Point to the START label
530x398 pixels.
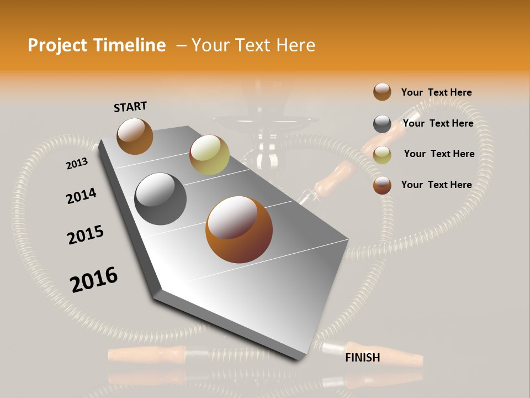click(130, 107)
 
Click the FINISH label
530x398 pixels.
click(363, 358)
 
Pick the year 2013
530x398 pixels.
click(77, 164)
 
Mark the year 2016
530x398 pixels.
click(94, 280)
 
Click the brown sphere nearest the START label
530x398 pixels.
click(135, 136)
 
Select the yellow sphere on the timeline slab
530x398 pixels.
click(209, 155)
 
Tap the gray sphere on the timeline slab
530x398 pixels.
click(161, 199)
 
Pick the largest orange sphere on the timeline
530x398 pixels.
click(239, 229)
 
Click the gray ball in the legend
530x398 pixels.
click(382, 124)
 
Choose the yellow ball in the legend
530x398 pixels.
click(382, 155)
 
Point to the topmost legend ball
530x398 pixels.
click(382, 92)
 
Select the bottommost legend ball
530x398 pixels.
click(382, 186)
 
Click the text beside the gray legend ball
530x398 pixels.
click(438, 123)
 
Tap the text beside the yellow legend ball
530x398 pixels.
click(439, 154)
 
